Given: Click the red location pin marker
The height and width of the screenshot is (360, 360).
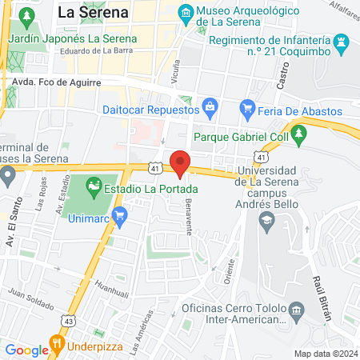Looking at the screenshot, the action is (180, 163).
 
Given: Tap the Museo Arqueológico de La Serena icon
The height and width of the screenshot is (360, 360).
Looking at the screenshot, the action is (186, 13).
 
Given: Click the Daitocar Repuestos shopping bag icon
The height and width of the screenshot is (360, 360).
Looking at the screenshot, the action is (210, 105).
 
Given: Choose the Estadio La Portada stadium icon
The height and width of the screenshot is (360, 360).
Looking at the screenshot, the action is (94, 190).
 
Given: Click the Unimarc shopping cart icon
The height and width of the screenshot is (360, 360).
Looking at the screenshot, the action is (120, 214).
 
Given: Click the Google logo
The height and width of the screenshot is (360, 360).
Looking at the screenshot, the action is (27, 350).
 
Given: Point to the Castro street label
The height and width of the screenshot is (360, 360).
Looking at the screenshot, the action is (281, 74).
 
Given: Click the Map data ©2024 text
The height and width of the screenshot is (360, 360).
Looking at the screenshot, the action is (325, 354).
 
